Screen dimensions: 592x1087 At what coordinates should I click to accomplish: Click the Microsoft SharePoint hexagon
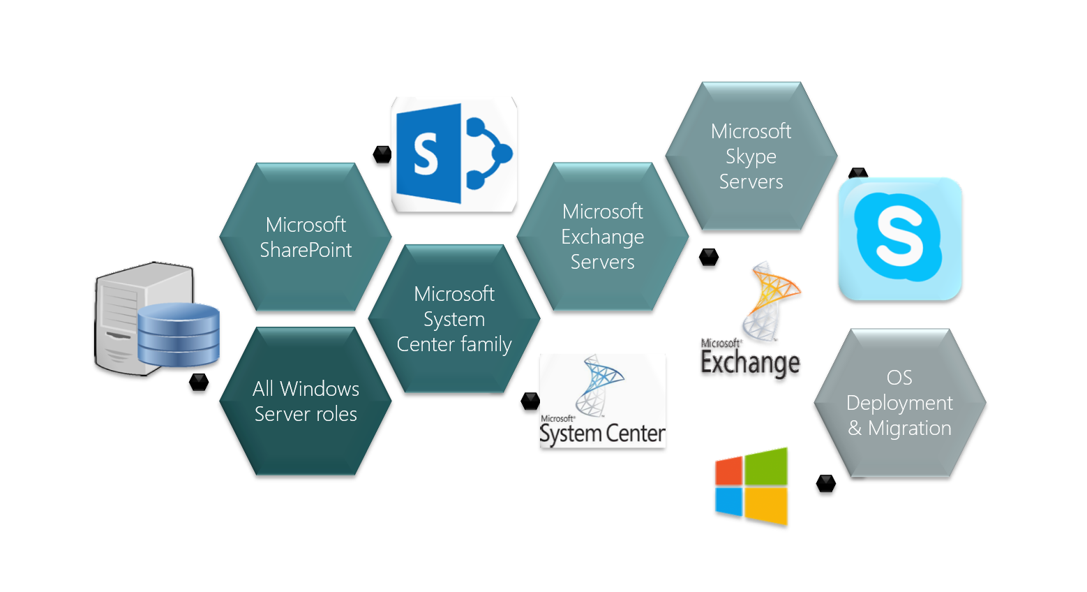[x=306, y=237]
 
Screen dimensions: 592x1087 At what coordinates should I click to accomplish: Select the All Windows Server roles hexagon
[x=306, y=401]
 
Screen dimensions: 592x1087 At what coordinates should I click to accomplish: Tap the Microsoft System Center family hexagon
[x=454, y=319]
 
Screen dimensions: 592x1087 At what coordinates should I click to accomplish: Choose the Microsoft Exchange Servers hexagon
[x=603, y=237]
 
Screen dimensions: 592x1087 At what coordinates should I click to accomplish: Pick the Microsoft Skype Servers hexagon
[x=751, y=156]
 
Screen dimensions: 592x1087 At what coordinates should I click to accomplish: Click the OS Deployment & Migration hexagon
[x=899, y=403]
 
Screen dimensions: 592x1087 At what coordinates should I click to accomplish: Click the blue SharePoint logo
[x=454, y=154]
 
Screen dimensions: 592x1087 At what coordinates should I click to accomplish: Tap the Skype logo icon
[x=899, y=239]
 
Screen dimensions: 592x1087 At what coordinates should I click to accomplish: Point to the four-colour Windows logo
[x=751, y=486]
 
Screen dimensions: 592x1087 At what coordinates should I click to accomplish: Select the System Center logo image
[x=602, y=401]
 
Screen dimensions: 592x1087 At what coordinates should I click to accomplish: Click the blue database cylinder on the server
[x=179, y=335]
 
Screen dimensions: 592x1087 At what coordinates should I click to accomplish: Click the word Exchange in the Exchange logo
[x=750, y=363]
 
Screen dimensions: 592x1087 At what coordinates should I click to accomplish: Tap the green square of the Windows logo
[x=766, y=466]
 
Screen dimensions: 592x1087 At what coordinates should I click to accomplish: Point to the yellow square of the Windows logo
[x=766, y=505]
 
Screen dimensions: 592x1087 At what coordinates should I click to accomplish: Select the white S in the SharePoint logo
[x=426, y=154]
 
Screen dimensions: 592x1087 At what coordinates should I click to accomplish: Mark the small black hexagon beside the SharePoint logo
[x=382, y=154]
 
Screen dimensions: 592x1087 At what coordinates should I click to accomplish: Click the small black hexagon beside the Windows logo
[x=826, y=483]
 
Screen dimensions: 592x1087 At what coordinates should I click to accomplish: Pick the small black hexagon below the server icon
[x=199, y=382]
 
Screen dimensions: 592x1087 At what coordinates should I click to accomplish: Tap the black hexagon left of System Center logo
[x=531, y=401]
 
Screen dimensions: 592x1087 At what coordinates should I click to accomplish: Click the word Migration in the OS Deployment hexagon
[x=909, y=428]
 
